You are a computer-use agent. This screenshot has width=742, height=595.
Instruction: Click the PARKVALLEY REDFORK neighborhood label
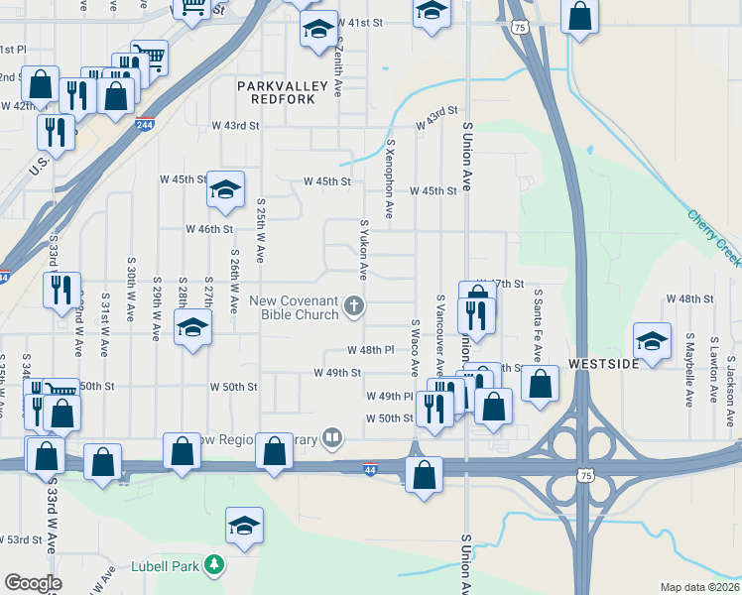(283, 93)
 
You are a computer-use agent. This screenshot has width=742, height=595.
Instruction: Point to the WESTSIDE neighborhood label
(601, 364)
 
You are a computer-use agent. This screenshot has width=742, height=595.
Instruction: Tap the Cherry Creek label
(713, 237)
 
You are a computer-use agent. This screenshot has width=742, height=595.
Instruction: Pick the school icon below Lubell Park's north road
(244, 526)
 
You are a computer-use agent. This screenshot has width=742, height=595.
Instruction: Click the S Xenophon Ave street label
(390, 178)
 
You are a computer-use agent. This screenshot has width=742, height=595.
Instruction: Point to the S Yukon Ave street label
(364, 249)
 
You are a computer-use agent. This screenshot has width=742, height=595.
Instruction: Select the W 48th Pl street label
(371, 350)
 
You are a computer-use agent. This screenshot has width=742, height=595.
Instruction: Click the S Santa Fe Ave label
(537, 325)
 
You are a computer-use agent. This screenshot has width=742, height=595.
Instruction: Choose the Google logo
(33, 583)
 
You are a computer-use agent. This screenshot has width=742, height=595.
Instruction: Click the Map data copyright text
(699, 587)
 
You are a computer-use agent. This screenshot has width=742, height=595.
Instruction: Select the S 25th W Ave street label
(259, 229)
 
